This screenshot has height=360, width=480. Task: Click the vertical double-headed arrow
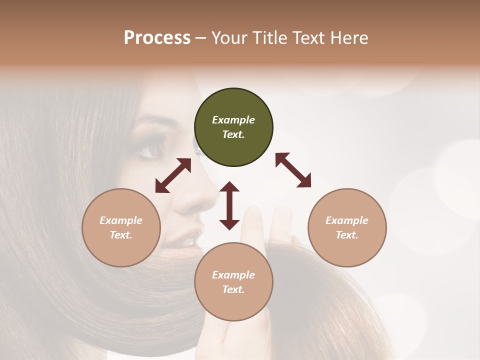point(229,205)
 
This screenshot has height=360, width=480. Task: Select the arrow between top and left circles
point(173,175)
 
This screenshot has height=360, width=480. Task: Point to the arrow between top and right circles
point(293,170)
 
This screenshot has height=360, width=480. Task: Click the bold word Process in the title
point(157,37)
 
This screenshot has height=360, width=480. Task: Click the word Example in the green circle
point(233,120)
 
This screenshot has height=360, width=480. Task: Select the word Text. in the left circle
point(121,235)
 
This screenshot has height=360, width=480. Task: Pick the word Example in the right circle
point(347,220)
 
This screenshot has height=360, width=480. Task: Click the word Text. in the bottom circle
point(233,289)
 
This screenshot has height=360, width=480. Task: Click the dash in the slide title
point(201,38)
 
